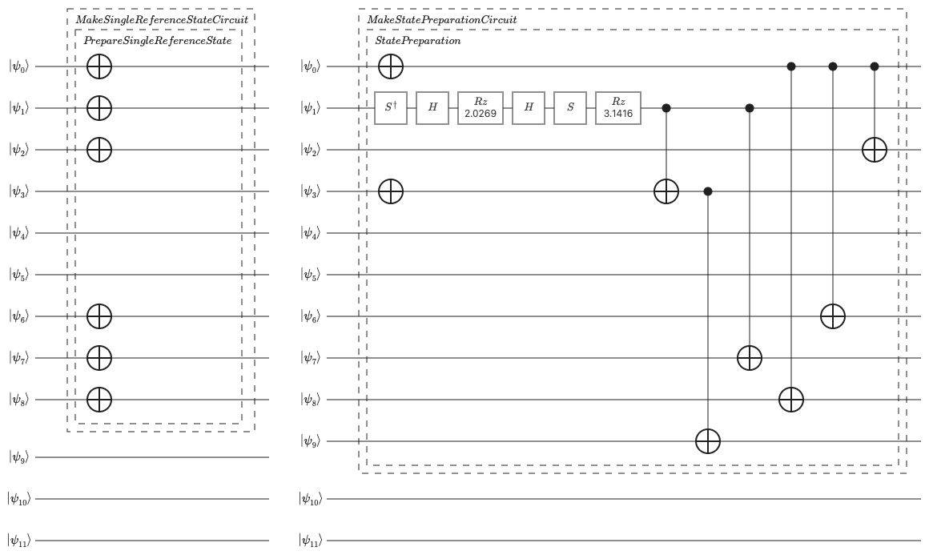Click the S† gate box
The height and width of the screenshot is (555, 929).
pyautogui.click(x=391, y=108)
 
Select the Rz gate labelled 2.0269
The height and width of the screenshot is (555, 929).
pyautogui.click(x=480, y=108)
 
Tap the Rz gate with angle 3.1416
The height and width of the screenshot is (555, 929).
pyautogui.click(x=618, y=108)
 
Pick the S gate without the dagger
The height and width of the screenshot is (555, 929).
pyautogui.click(x=570, y=108)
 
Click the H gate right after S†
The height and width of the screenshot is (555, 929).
pyautogui.click(x=432, y=108)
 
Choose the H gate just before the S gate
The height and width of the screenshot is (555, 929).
pyautogui.click(x=529, y=108)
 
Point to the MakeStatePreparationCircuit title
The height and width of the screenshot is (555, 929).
pyautogui.click(x=442, y=19)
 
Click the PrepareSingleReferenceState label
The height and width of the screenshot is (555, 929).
pyautogui.click(x=158, y=41)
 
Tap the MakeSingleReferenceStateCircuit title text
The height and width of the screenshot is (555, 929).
pyautogui.click(x=162, y=19)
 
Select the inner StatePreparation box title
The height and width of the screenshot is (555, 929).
pyautogui.click(x=418, y=41)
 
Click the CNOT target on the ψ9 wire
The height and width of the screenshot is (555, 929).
pyautogui.click(x=707, y=441)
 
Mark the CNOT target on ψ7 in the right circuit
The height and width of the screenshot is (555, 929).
pyautogui.click(x=750, y=358)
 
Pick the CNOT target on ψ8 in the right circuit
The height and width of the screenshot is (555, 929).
pyautogui.click(x=791, y=400)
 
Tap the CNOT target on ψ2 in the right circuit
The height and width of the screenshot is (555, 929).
pyautogui.click(x=875, y=150)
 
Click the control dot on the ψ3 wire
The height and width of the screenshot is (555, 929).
pyautogui.click(x=707, y=191)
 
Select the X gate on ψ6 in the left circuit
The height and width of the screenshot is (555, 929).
pyautogui.click(x=99, y=316)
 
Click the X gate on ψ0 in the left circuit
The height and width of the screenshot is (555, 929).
pyautogui.click(x=99, y=66)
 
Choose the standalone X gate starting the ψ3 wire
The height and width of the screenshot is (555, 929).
pyautogui.click(x=391, y=191)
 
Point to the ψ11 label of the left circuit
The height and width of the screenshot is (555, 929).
pyautogui.click(x=19, y=541)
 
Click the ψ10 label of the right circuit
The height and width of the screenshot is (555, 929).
pyautogui.click(x=311, y=499)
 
